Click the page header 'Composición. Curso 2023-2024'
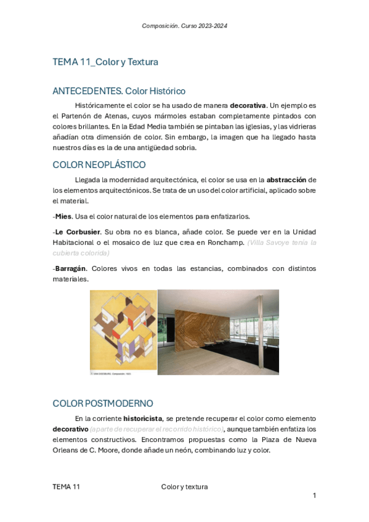point(184,25)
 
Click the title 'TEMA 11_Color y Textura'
point(105,62)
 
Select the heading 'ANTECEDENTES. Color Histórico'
point(119,91)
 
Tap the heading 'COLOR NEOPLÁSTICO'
point(99,164)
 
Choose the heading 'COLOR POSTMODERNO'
point(103,403)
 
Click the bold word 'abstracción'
point(286,180)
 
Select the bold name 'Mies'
point(63,216)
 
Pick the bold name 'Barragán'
point(70,268)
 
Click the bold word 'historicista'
point(142,419)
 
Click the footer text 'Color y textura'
point(184,486)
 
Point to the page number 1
point(314,495)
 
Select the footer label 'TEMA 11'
point(67,486)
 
